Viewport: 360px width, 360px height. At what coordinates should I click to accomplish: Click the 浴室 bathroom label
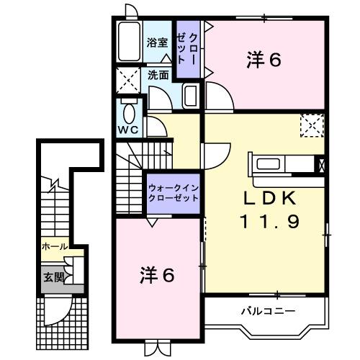(157, 42)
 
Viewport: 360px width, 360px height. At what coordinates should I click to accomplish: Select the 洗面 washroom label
(158, 74)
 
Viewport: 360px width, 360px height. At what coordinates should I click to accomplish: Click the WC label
(128, 131)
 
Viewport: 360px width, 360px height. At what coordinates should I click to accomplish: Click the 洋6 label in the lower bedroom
(157, 274)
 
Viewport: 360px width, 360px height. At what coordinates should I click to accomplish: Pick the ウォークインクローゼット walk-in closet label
(173, 192)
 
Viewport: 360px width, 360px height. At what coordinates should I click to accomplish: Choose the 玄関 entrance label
(53, 277)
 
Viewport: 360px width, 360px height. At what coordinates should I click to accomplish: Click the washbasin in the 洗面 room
(191, 96)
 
